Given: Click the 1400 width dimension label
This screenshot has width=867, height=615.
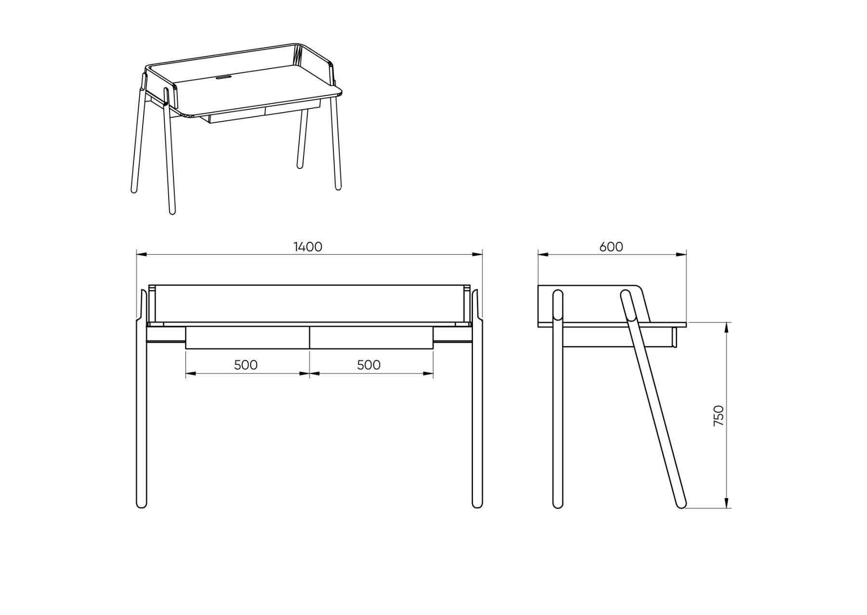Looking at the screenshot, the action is coord(308,247).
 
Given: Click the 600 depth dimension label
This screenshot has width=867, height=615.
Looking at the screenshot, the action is coord(611,247).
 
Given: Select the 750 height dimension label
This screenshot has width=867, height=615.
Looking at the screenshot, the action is coord(718,415).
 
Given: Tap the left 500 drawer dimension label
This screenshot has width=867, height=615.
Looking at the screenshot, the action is coord(246,365).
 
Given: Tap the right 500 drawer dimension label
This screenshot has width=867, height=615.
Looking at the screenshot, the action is coord(369,365).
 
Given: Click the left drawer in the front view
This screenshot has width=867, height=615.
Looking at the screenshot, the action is coord(247,338).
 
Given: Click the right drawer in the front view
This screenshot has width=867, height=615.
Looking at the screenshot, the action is coord(371,338).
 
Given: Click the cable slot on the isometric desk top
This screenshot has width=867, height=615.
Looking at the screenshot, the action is coord(223,76).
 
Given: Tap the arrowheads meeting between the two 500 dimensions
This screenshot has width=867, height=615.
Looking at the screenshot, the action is coord(309,373).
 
